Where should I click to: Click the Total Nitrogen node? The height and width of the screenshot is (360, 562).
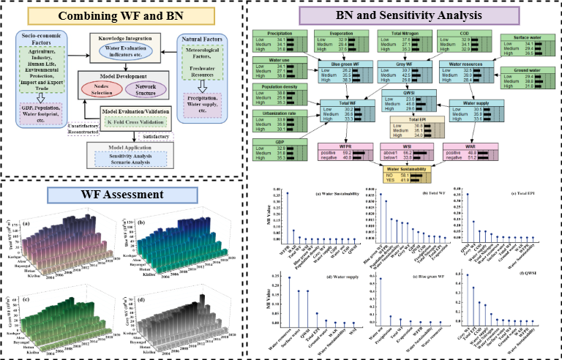tap(401, 42)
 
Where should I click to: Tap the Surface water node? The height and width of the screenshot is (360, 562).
tap(523, 46)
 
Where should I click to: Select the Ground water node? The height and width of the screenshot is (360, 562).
tap(523, 77)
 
